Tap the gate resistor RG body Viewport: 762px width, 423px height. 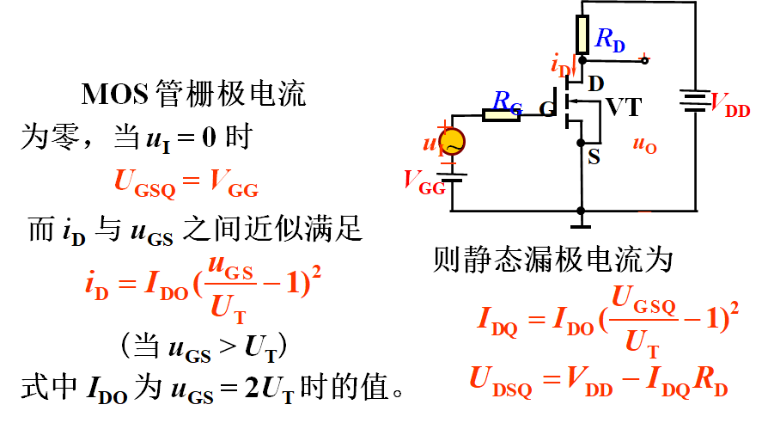pos(502,114)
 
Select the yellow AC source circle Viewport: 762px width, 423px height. pos(451,140)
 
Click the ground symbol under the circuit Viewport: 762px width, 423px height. pos(582,223)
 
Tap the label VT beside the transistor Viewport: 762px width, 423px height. pos(624,107)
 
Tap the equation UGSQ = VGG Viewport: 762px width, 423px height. pos(186,182)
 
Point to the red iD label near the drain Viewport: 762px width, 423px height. pos(560,65)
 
